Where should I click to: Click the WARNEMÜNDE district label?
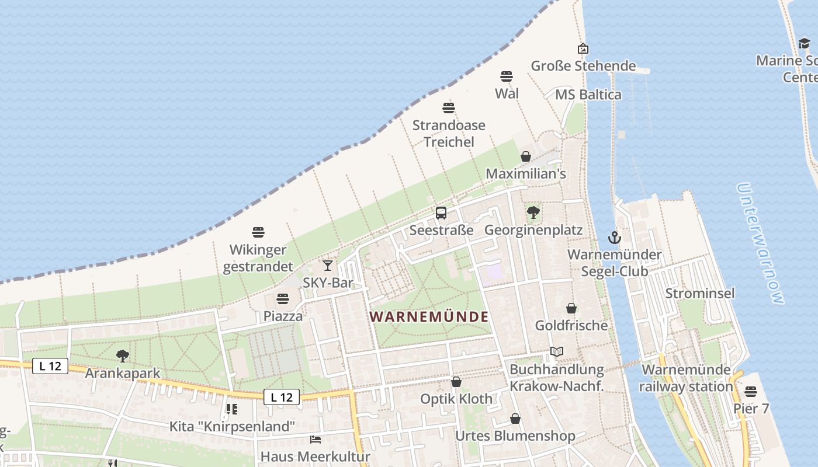click(429, 317)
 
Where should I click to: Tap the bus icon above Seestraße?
click(441, 213)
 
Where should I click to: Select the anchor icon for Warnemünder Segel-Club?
click(614, 237)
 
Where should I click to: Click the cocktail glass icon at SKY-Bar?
click(328, 266)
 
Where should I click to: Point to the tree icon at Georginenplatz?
click(533, 212)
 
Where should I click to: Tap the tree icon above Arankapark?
click(123, 356)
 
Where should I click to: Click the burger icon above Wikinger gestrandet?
click(258, 232)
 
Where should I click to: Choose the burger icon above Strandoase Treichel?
click(449, 108)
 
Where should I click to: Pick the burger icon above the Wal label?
click(507, 76)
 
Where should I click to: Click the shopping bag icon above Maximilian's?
click(526, 156)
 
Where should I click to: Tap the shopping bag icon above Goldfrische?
click(571, 308)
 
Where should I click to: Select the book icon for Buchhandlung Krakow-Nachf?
click(557, 352)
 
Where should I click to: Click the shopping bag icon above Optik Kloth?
click(456, 382)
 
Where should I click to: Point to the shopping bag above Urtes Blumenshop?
click(515, 419)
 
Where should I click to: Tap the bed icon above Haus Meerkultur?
click(316, 439)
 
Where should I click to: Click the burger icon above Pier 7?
click(751, 391)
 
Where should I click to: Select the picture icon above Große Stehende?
click(583, 48)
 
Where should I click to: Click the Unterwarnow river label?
click(760, 243)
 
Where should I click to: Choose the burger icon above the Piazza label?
click(283, 299)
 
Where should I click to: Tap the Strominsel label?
click(700, 293)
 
